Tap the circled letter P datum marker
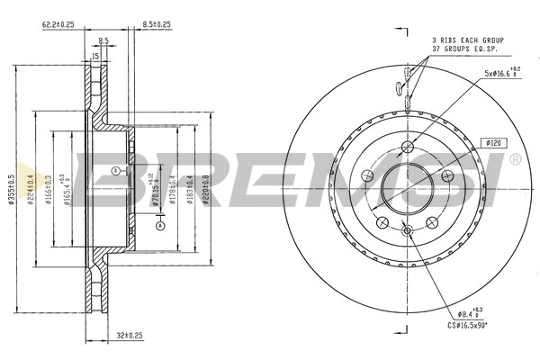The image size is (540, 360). coord(114,171)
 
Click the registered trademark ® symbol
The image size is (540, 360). coord(514,159)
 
